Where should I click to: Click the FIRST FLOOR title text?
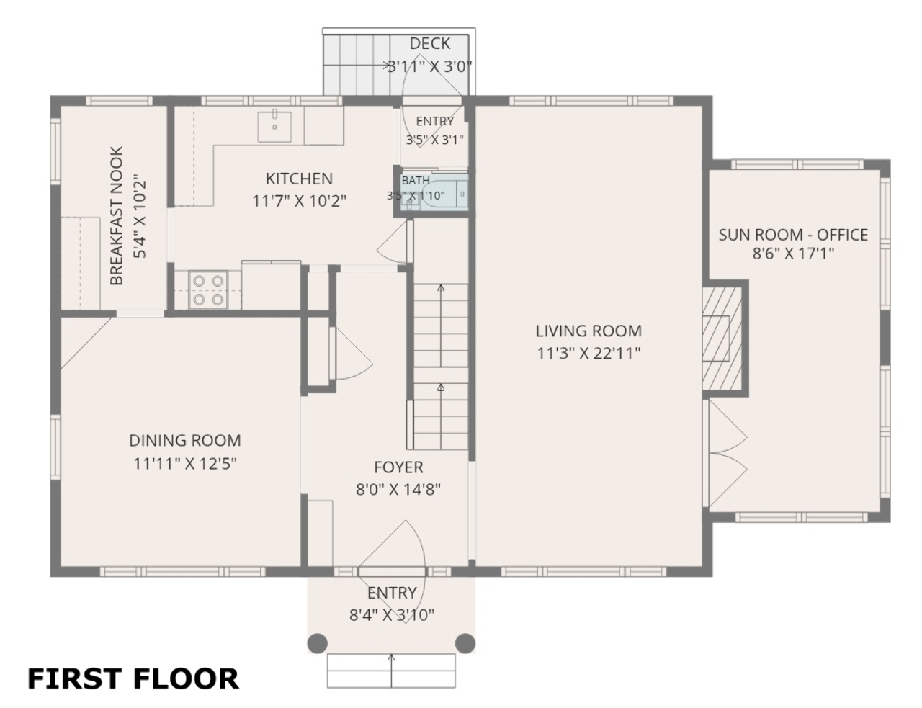tap(133, 678)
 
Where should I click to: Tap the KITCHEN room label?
tap(299, 179)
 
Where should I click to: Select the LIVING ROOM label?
tap(588, 331)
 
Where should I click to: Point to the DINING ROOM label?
tap(185, 440)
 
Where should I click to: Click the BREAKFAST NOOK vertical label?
tap(116, 216)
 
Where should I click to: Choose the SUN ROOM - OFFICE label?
tap(793, 235)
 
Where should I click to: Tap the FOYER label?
tap(398, 467)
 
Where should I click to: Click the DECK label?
tap(430, 43)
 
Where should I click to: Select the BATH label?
tap(416, 180)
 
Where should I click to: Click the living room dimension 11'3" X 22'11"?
tap(588, 353)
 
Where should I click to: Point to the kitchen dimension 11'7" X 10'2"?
tap(299, 201)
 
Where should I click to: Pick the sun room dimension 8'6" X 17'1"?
tap(793, 254)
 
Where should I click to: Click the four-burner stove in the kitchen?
tap(208, 290)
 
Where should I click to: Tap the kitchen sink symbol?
tap(275, 127)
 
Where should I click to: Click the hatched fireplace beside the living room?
tap(722, 339)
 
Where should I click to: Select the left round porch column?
tap(318, 643)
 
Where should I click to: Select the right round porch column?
tap(465, 643)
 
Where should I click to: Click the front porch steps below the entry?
tap(391, 671)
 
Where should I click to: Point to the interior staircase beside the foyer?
tap(441, 367)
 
